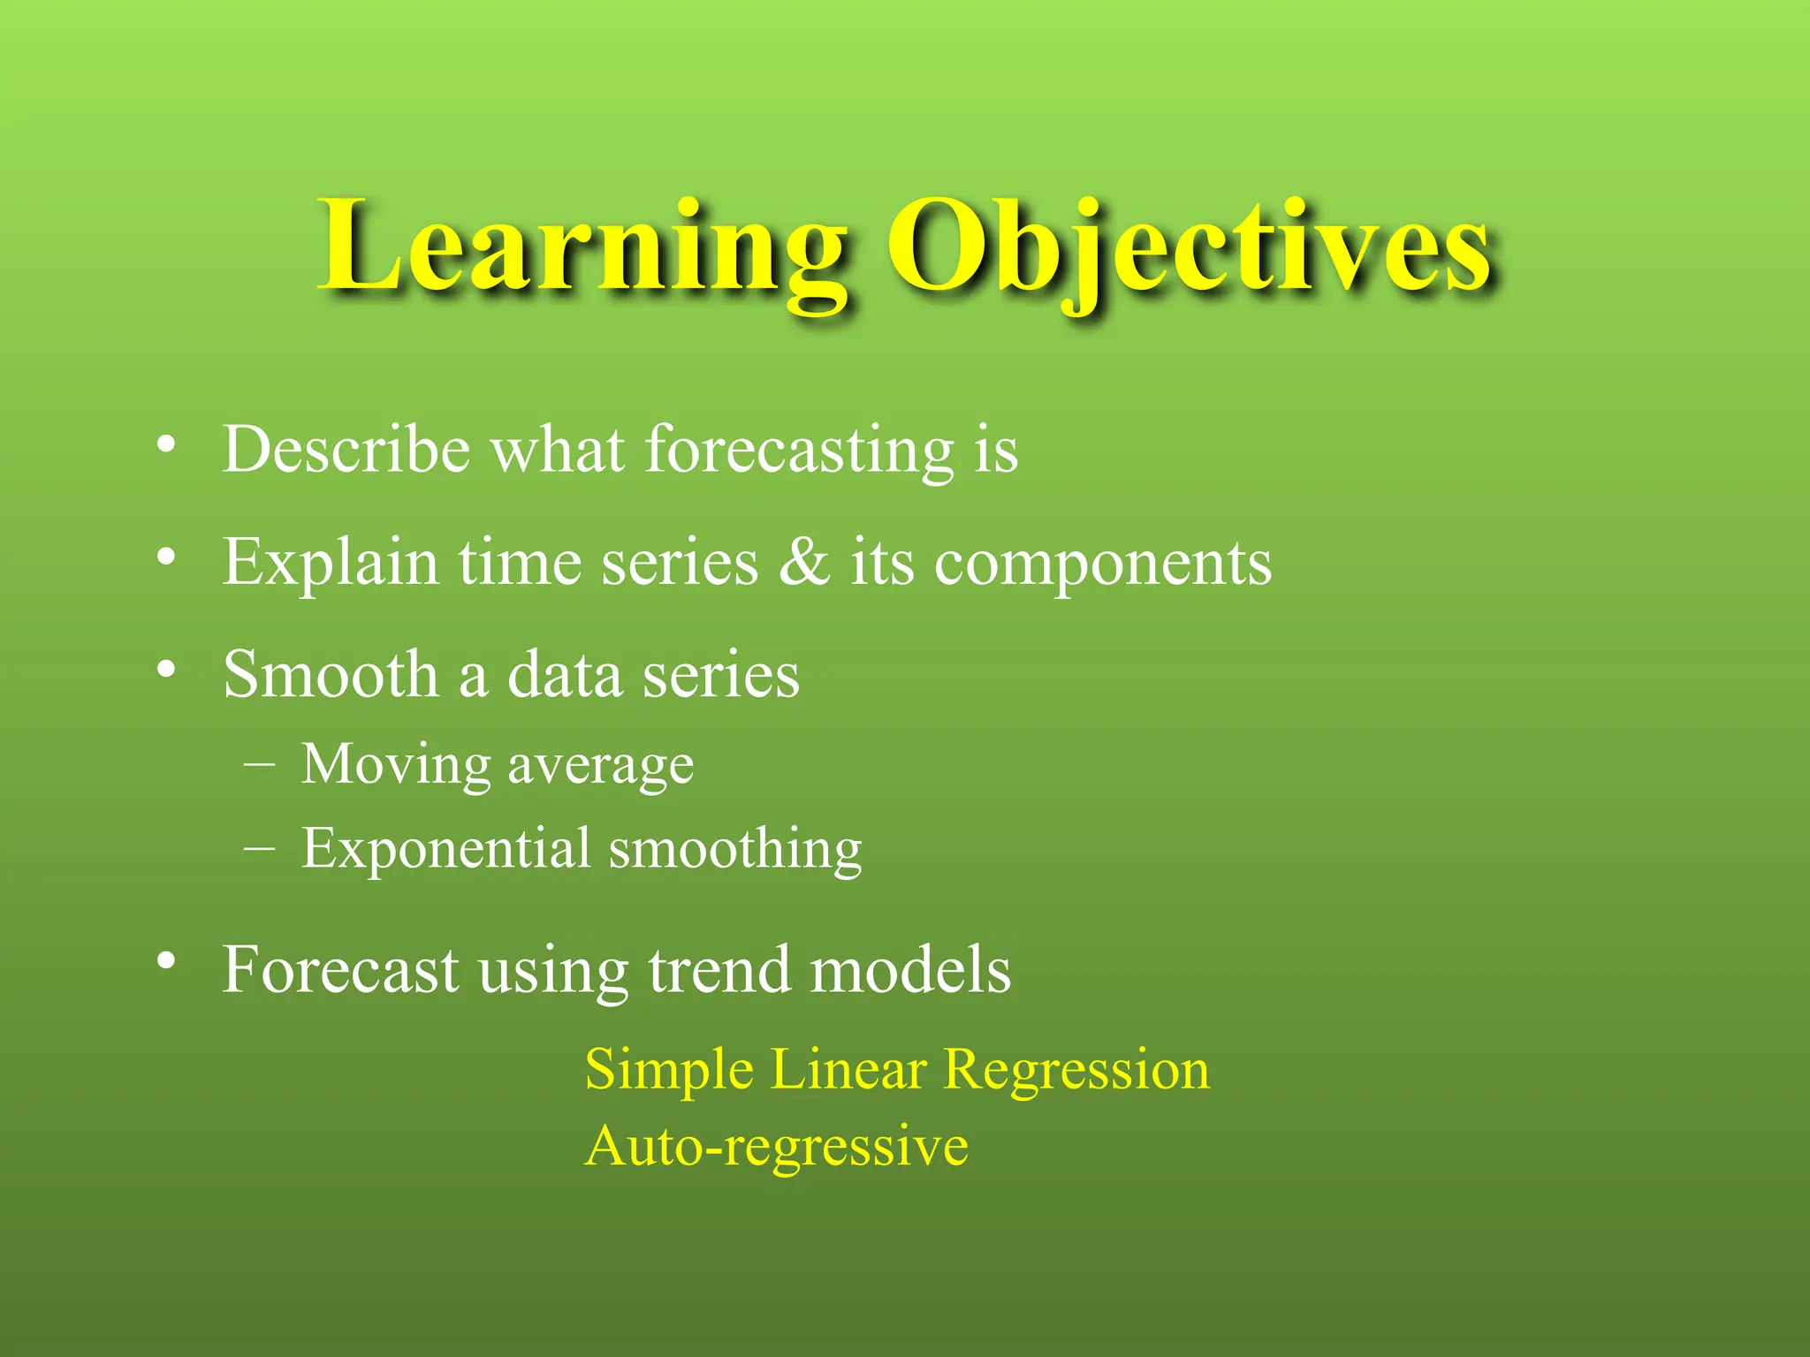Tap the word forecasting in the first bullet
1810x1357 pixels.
[800, 451]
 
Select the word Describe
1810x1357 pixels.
[346, 451]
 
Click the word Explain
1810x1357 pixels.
[331, 563]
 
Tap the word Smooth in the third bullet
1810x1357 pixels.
[331, 675]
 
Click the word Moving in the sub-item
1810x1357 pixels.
[396, 764]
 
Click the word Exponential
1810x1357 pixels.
[445, 850]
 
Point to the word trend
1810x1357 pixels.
[719, 970]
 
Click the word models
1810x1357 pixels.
[910, 970]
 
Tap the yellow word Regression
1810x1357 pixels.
[1076, 1071]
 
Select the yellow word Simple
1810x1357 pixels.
[681, 1071]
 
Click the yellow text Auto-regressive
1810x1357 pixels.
[776, 1147]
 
